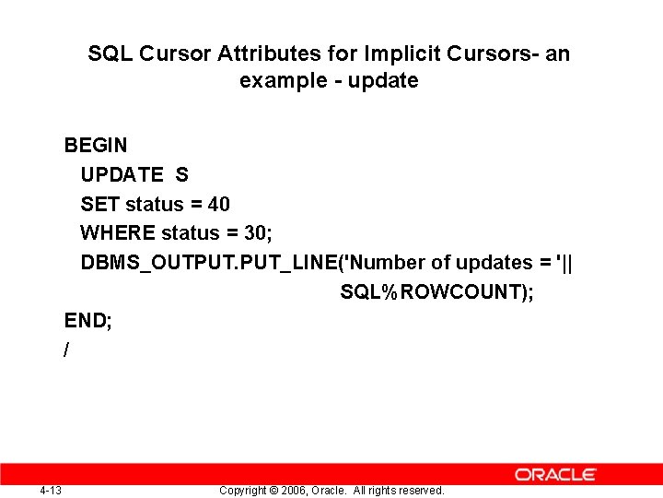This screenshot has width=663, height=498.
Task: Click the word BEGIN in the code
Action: tap(96, 145)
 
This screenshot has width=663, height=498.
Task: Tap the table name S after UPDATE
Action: tap(181, 174)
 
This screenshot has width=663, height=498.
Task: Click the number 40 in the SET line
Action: tap(219, 204)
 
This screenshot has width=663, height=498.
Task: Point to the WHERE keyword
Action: tap(118, 233)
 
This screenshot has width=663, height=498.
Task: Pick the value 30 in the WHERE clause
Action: tap(255, 233)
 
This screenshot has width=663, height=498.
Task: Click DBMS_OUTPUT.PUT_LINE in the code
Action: tap(209, 263)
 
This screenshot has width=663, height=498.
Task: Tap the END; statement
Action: tap(88, 321)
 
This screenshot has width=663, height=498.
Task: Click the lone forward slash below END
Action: tap(67, 350)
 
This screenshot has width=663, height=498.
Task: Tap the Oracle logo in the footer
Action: tap(555, 474)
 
